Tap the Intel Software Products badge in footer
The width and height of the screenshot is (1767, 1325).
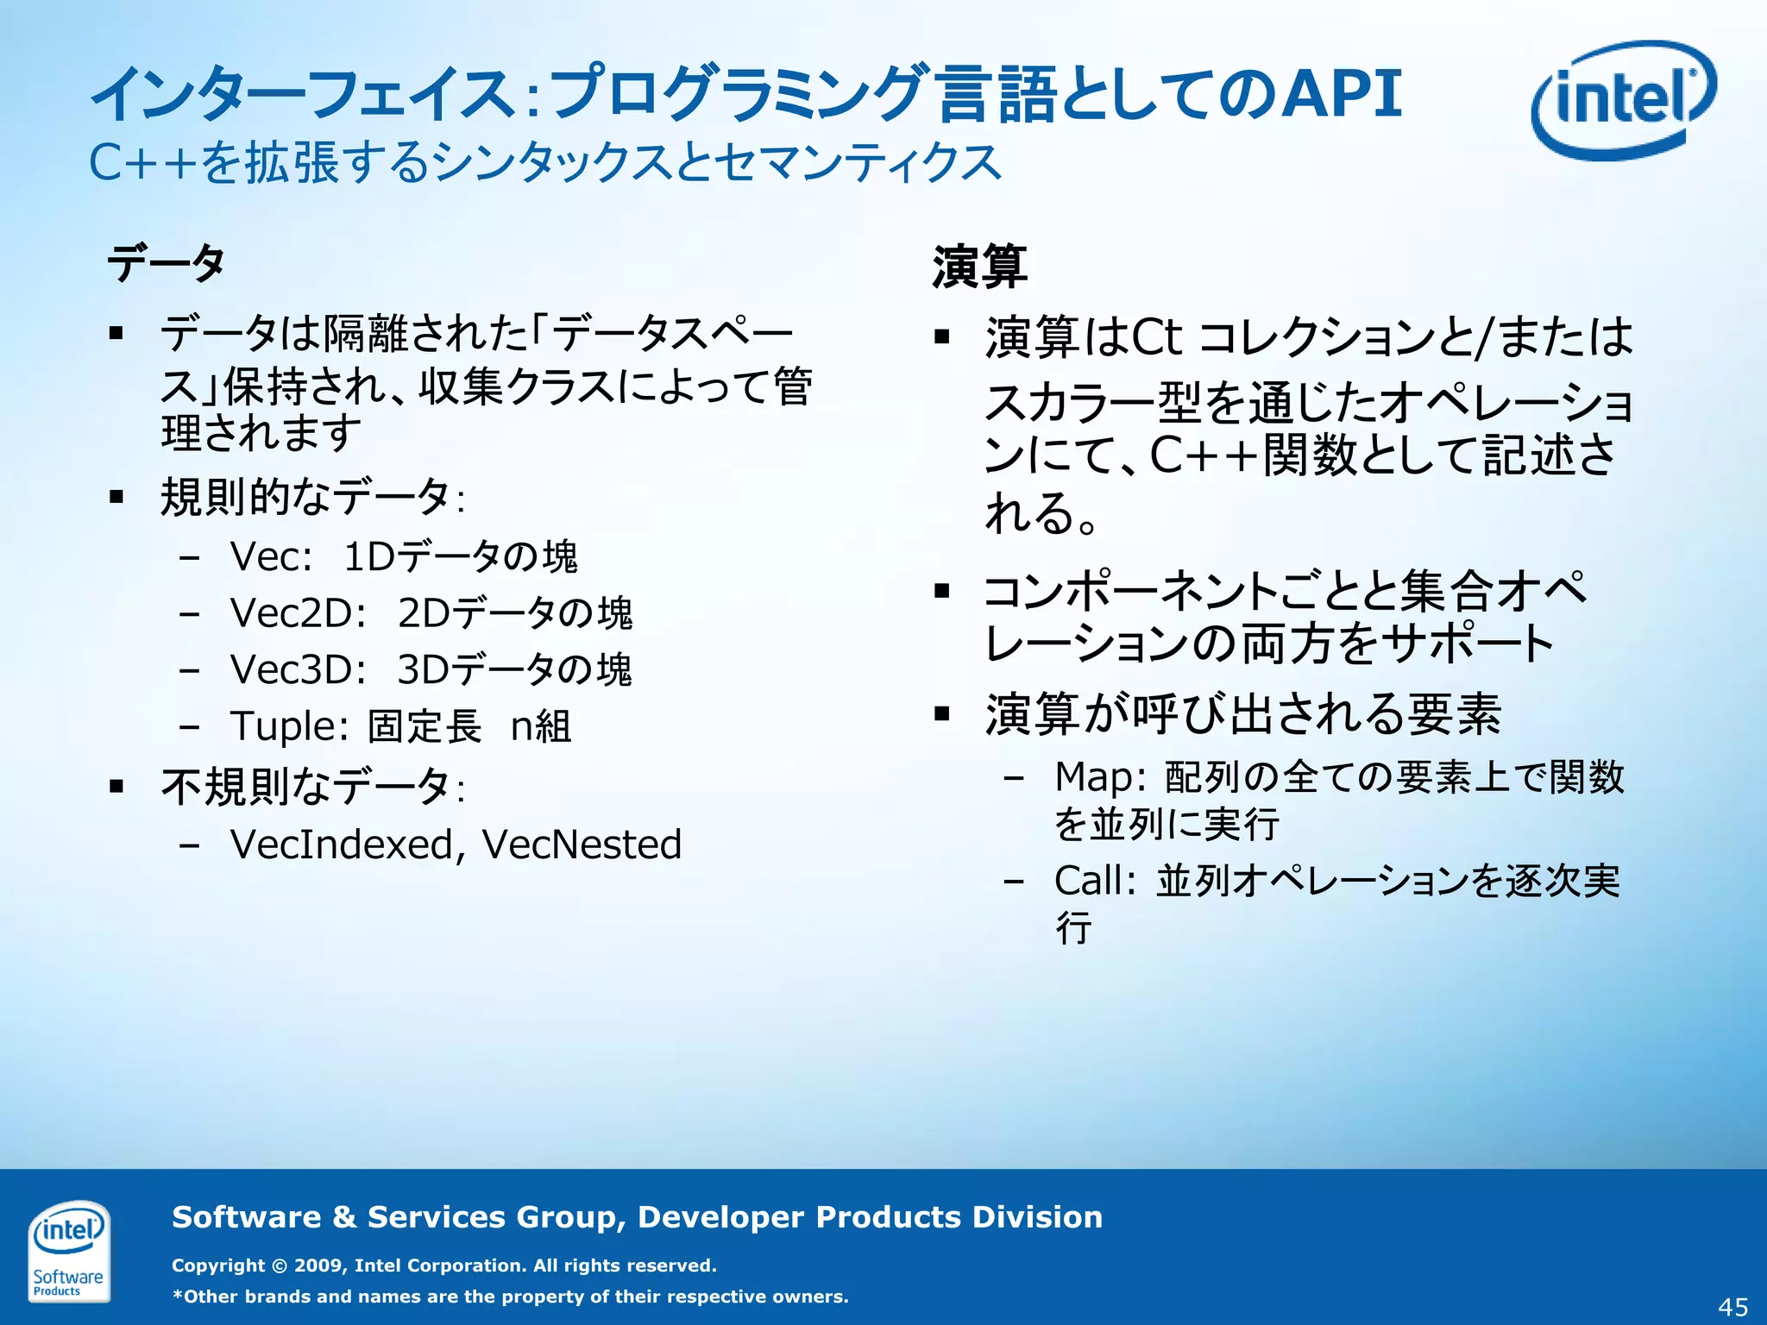[x=68, y=1251]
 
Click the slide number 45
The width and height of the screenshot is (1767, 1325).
[x=1733, y=1307]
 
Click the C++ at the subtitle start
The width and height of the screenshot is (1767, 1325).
[x=142, y=162]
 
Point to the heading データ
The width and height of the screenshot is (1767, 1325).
[x=166, y=263]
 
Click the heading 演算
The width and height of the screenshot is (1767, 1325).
[x=979, y=267]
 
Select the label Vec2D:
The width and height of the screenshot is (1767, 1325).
[x=299, y=613]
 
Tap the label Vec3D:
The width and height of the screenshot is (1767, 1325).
[x=299, y=669]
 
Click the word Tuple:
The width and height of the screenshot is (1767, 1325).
[x=289, y=726]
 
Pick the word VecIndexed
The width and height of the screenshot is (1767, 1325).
[x=342, y=844]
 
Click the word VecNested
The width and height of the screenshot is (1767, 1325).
[x=582, y=844]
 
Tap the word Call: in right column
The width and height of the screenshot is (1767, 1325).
[x=1094, y=881]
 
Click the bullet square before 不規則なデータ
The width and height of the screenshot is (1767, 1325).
[x=117, y=786]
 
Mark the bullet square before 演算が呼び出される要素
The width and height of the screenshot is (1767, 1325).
[x=942, y=713]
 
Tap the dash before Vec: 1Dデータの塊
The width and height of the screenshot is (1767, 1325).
[x=190, y=557]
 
